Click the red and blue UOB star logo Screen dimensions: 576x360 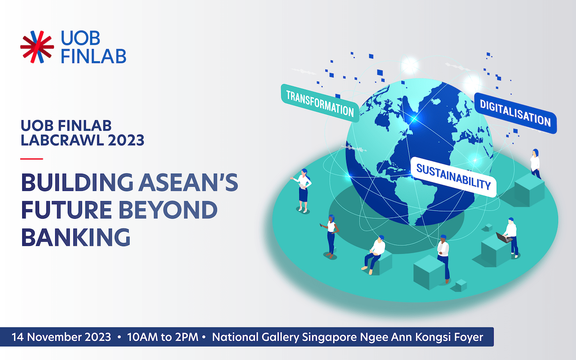(x=37, y=47)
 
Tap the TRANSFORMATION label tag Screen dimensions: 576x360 (x=320, y=103)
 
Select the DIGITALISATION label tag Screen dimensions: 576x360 (x=515, y=113)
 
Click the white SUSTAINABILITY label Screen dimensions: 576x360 (x=453, y=177)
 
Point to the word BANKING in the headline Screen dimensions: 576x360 (x=76, y=237)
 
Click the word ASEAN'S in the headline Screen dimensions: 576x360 (x=189, y=182)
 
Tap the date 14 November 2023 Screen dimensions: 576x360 (x=61, y=337)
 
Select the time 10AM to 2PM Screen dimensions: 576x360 (x=162, y=337)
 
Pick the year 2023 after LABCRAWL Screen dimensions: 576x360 (x=126, y=140)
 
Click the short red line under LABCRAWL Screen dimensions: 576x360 (x=31, y=159)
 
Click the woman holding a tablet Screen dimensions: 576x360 (x=303, y=190)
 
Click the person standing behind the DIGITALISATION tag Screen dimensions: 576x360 (x=535, y=163)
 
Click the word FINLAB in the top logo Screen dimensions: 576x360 (x=93, y=55)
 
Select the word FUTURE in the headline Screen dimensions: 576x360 (x=66, y=210)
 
